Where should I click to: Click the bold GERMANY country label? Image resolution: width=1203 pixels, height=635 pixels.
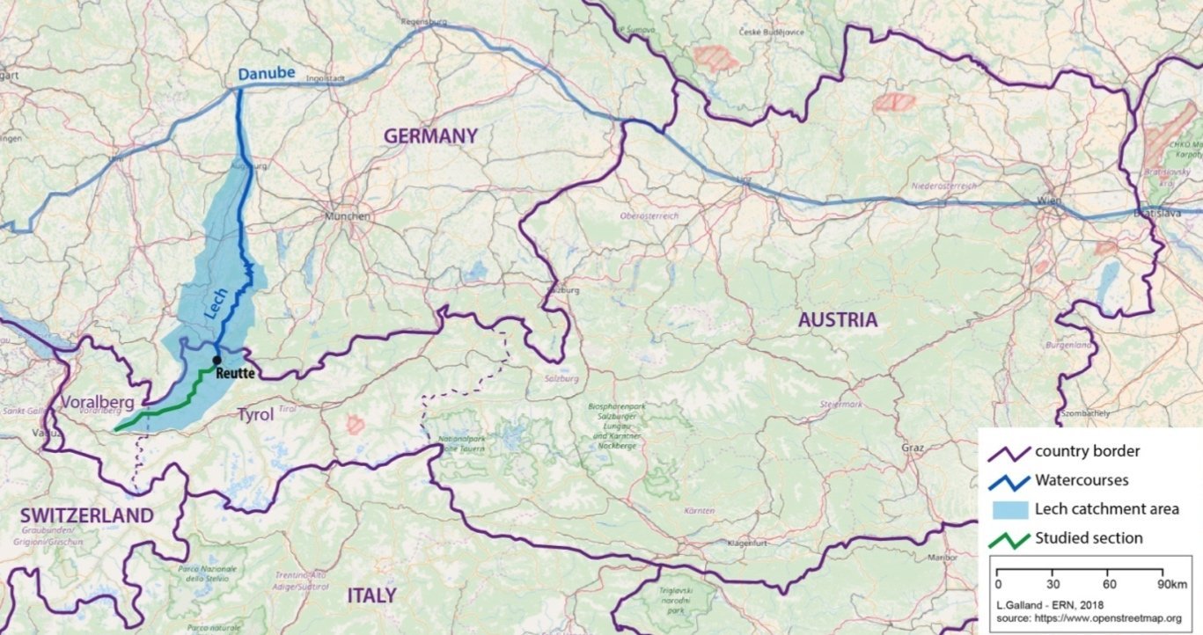coord(430,136)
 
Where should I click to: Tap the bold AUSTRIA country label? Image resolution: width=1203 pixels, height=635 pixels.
coord(837,320)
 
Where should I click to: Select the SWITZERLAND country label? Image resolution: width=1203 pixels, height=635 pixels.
coord(86,515)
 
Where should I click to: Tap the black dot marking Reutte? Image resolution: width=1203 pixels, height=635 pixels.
coord(216,360)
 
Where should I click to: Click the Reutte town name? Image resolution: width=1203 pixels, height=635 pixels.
coord(235,374)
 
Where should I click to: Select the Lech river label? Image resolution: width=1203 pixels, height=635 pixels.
coord(216,303)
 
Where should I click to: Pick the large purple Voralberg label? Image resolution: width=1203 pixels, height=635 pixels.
coord(99,403)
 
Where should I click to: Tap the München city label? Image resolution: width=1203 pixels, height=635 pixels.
coord(344,216)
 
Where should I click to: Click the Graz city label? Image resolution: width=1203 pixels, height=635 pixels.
coord(912,448)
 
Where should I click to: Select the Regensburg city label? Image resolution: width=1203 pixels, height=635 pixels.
coord(424,20)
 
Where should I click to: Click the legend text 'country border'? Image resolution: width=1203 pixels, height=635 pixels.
coord(1088,451)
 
